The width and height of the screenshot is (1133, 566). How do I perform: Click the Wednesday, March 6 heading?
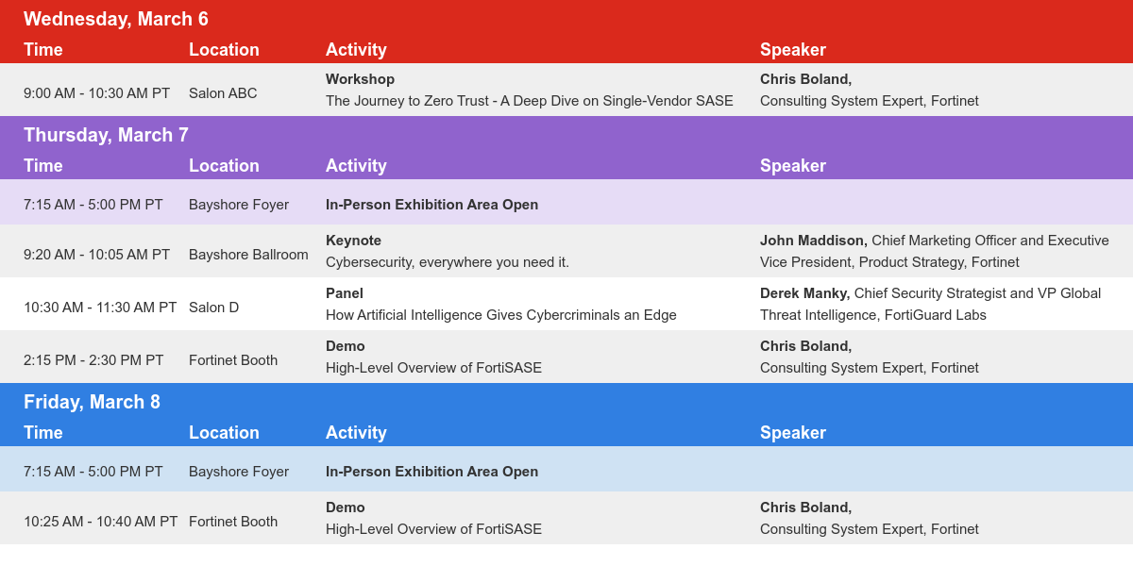116,19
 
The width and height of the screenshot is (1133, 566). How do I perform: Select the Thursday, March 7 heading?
106,135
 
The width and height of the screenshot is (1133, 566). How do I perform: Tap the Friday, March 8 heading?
92,402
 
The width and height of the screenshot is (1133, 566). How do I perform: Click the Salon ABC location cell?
223,93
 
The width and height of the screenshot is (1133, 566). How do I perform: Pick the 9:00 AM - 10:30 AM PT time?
96,93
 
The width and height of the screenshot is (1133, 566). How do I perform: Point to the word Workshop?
360,79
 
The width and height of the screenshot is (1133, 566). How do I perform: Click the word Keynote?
353,241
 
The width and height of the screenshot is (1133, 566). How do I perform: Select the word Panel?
345,293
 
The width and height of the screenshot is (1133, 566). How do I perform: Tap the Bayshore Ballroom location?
248,255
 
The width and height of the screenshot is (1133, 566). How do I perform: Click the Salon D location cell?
213,308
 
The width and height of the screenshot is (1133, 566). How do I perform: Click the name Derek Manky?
804,293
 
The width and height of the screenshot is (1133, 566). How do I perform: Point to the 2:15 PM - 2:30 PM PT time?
93,360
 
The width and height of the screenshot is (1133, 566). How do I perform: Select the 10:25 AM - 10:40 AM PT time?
101,522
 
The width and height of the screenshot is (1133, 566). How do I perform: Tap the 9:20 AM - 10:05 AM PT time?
96,255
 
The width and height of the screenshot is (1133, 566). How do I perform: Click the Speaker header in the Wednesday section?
792,50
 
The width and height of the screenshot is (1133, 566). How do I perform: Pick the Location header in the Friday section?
224,433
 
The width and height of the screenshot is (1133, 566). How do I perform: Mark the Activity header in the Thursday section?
356,166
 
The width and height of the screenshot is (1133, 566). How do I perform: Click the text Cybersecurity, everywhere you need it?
448,263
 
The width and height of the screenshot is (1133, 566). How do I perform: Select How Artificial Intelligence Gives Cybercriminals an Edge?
500,315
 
